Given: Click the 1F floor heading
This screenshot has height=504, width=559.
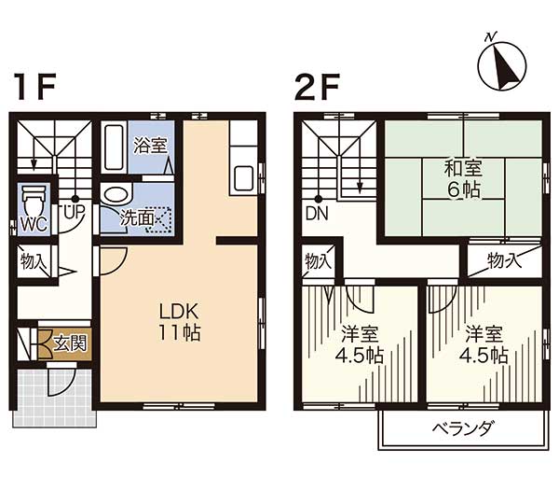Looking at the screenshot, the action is (x=34, y=86).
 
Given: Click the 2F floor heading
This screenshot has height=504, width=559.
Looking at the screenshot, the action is (x=316, y=86).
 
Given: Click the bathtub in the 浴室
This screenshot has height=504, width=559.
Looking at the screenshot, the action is (x=114, y=147).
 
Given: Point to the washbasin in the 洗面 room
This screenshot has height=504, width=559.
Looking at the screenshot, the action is (x=116, y=195).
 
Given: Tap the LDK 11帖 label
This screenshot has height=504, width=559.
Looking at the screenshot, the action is (x=179, y=322).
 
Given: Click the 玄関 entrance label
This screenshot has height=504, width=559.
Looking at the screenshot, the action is (x=70, y=344).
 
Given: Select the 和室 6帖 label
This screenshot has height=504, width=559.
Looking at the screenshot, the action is (x=463, y=179).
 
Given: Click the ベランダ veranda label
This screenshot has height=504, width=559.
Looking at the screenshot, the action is (x=463, y=427).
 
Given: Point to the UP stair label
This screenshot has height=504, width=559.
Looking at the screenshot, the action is (x=74, y=211).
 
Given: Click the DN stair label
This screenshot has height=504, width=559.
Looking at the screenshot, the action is (x=317, y=214).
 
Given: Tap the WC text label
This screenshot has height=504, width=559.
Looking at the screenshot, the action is (x=34, y=225).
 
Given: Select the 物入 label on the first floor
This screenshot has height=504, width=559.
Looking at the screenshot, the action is (x=34, y=261).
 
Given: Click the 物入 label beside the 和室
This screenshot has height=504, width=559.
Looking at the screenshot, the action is (x=504, y=260).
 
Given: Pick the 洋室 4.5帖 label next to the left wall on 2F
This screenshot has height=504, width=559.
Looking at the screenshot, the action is (x=360, y=344).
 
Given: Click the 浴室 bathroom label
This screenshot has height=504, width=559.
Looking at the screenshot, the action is (x=150, y=146).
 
